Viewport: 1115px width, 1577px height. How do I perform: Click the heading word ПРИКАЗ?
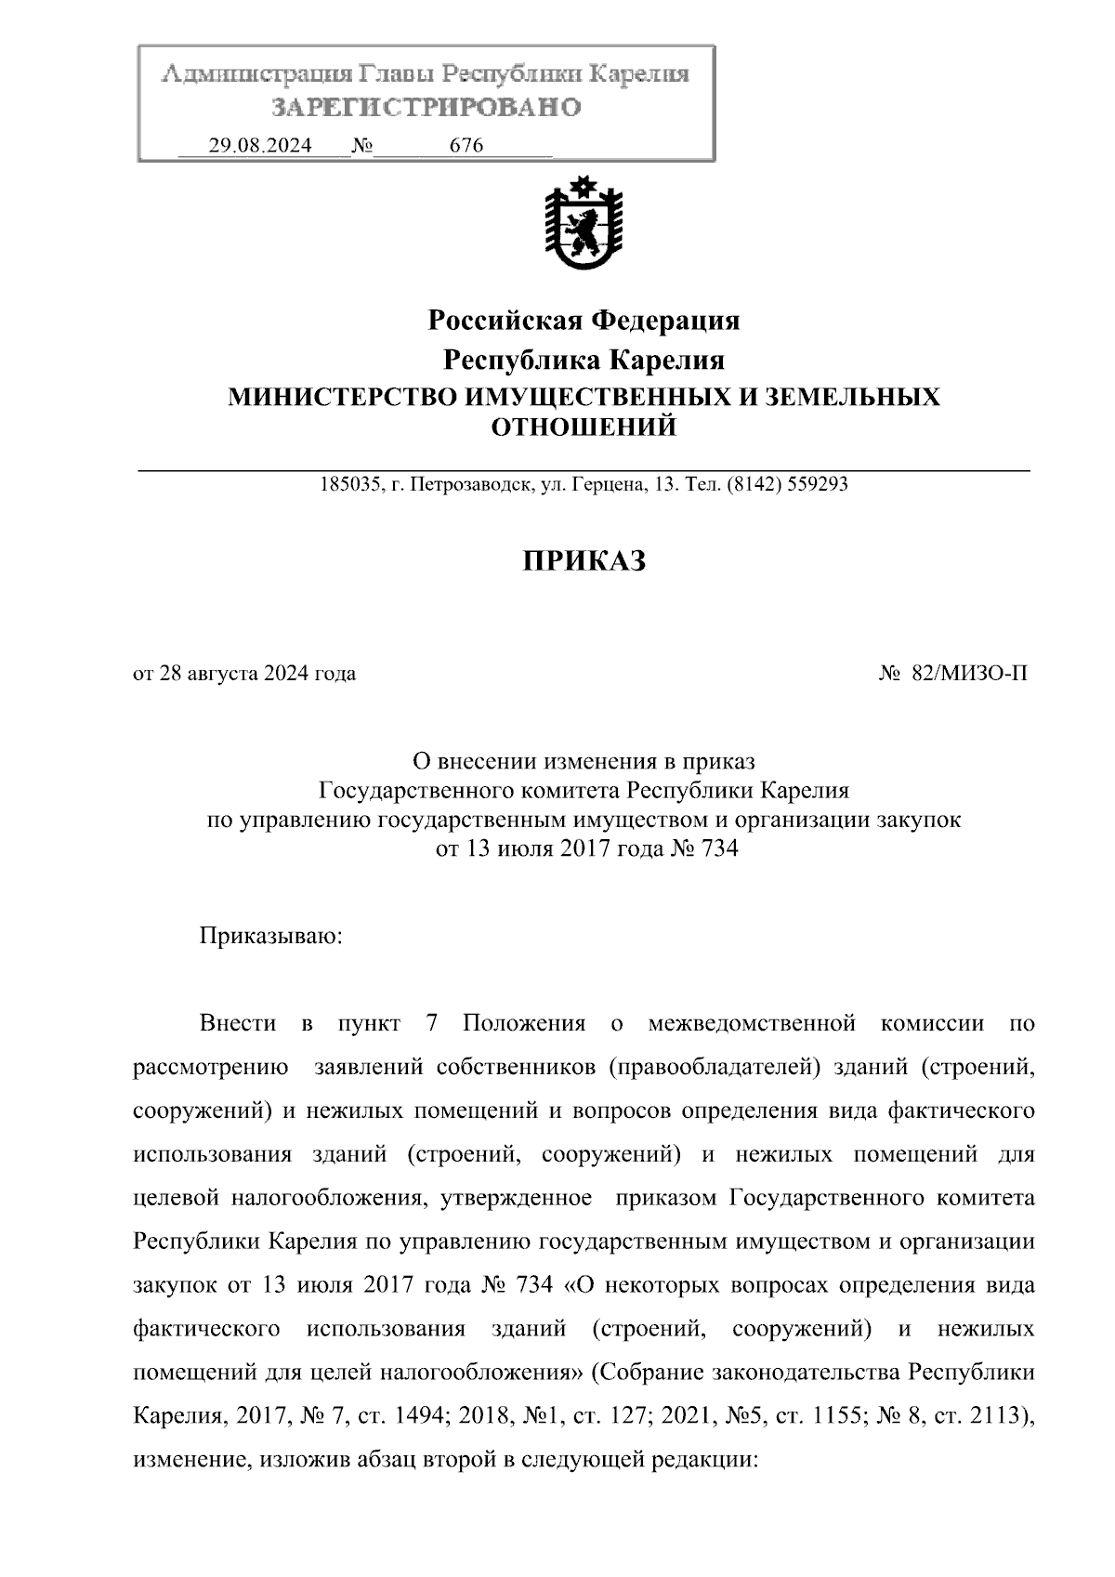pos(584,561)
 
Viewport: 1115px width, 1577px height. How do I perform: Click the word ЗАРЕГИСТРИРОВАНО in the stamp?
pos(426,108)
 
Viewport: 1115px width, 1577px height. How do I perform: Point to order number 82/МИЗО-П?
pos(969,674)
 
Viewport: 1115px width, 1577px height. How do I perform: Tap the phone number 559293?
pos(817,484)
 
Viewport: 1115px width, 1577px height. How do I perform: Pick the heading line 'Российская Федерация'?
pos(584,321)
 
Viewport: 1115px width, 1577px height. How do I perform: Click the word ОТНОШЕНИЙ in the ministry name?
pos(584,427)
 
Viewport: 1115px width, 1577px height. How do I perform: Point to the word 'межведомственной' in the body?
pos(751,1024)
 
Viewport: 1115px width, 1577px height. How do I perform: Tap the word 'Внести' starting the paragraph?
pos(238,1024)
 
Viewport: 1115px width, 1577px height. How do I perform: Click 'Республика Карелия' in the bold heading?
pos(584,360)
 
